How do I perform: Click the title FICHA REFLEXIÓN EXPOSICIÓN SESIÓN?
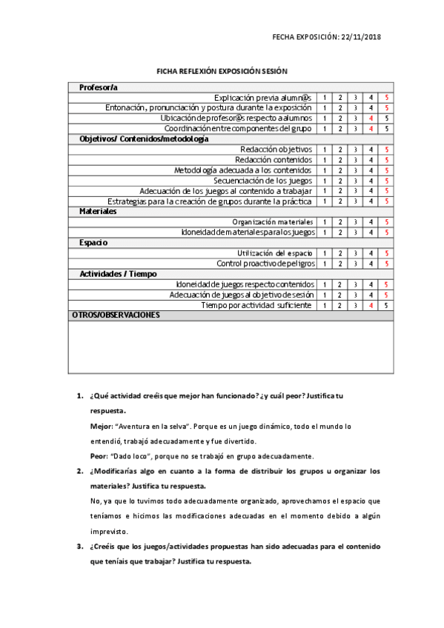click(x=222, y=72)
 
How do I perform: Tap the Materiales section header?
click(x=99, y=212)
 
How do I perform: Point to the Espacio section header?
click(x=94, y=243)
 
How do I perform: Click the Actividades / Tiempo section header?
click(x=119, y=274)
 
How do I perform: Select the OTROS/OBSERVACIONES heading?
click(x=116, y=315)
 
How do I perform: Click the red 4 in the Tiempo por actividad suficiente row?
click(x=370, y=305)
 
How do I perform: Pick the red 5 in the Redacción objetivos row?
click(x=386, y=150)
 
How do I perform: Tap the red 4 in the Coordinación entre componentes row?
click(x=370, y=129)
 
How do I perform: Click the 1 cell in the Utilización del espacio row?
click(x=325, y=253)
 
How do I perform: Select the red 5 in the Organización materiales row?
click(x=386, y=222)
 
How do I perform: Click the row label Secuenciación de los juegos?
click(x=263, y=181)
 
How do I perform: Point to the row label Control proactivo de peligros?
click(x=265, y=264)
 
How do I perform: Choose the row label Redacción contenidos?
click(x=274, y=160)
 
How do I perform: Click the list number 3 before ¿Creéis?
click(x=79, y=547)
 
